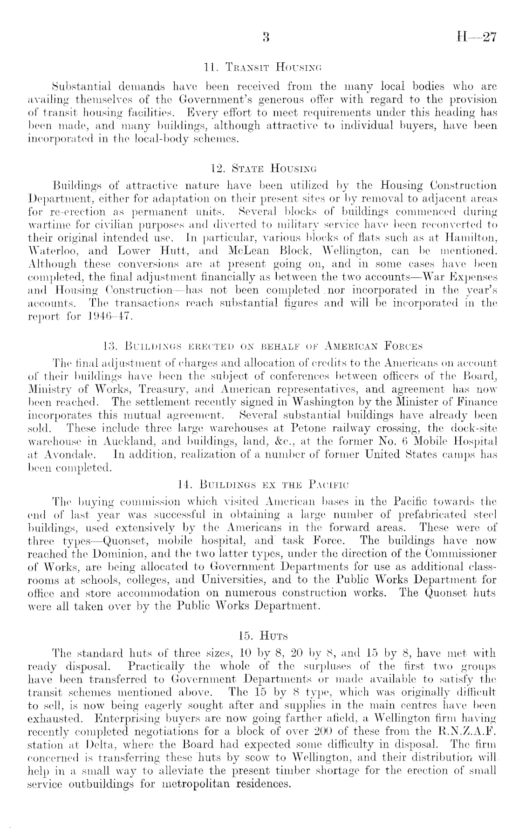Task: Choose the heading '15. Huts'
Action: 259,636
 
